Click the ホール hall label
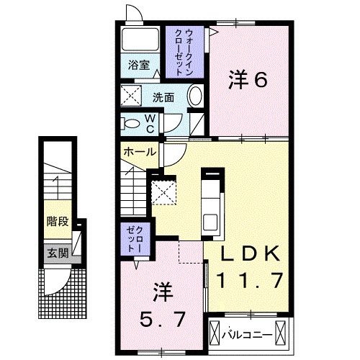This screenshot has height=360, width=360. tap(139, 152)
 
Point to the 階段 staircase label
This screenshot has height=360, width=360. tap(58, 221)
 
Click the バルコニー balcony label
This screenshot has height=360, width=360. tap(248, 334)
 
